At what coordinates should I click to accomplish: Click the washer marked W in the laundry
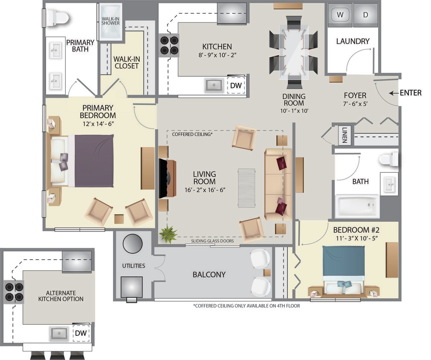(x=340, y=15)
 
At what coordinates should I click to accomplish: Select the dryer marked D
(x=365, y=15)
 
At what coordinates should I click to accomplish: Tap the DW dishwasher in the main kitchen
(x=236, y=85)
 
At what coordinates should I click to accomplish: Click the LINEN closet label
(x=344, y=136)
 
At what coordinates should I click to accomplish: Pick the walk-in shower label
(x=110, y=21)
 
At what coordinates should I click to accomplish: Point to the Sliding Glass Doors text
(x=212, y=241)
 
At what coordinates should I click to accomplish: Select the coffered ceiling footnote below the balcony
(x=246, y=306)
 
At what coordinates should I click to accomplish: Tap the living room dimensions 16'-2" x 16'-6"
(x=204, y=190)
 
